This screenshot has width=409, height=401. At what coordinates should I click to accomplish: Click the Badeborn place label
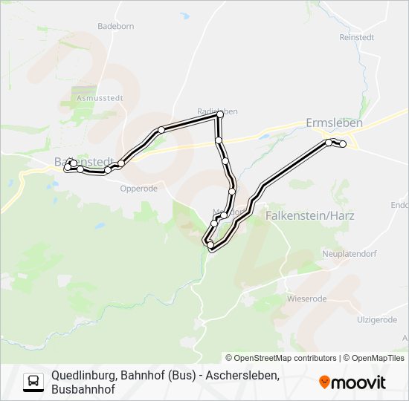(115, 25)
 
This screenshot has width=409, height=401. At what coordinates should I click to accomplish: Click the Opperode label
(139, 189)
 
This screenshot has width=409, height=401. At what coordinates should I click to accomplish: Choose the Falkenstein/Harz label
(309, 215)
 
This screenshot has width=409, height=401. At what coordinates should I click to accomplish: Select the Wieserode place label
(306, 299)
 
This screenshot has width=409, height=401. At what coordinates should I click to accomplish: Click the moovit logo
(352, 382)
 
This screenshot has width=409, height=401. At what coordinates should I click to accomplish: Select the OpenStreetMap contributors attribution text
(285, 358)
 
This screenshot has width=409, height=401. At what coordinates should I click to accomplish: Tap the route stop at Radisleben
(219, 115)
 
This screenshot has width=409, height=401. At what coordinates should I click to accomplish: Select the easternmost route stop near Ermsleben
(343, 144)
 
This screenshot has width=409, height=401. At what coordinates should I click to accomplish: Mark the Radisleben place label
(217, 111)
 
